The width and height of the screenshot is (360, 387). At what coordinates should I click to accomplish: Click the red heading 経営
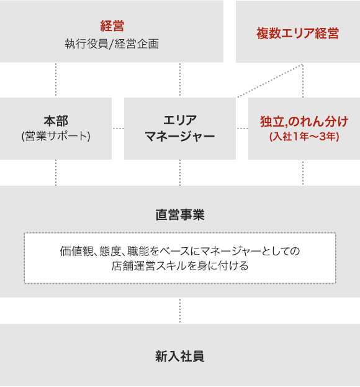coord(112,25)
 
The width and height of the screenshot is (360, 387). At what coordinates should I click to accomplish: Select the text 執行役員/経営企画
coord(112,44)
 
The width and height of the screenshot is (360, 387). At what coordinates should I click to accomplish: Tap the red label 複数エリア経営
coord(297,34)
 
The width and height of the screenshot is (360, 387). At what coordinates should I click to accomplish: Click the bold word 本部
coord(56,121)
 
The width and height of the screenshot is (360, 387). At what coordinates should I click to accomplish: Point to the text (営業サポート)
coord(56,136)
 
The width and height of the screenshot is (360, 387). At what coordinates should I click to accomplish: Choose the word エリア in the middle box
coord(180,121)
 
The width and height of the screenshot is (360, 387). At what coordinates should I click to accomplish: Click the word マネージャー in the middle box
coord(180,136)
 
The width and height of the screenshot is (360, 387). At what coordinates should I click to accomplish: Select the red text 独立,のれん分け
coord(304,121)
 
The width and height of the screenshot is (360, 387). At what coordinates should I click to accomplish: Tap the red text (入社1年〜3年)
coord(304,137)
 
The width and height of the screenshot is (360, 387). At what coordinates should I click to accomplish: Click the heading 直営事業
coord(180,214)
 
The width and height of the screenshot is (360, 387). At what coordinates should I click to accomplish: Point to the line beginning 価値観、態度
coord(180,251)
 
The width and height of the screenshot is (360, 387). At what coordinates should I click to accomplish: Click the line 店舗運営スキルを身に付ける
coord(180,266)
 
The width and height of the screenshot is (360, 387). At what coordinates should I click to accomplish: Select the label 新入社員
coord(180,357)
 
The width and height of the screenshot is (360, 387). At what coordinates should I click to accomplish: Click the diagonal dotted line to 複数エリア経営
coord(270,81)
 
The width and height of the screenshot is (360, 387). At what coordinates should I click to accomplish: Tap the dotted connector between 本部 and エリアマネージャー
coord(118,129)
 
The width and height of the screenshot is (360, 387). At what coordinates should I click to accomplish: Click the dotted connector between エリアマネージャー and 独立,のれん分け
coord(242,129)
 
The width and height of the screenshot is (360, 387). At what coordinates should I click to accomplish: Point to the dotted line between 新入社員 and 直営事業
coord(180,311)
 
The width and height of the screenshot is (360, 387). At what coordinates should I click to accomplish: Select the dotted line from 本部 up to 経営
coord(56,80)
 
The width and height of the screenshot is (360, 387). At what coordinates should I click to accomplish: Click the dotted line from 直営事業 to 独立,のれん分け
coord(303,173)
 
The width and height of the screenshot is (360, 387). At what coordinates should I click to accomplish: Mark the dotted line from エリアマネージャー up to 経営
coord(180,80)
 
